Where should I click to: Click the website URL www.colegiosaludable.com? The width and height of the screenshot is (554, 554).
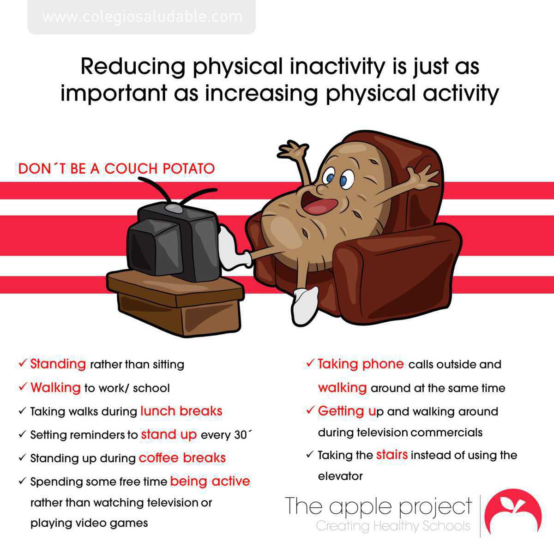tap(142, 17)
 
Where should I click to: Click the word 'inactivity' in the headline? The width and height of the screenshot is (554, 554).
tap(337, 66)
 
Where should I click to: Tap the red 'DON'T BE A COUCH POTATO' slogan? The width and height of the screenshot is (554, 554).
tap(116, 169)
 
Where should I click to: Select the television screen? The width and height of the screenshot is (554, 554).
tap(155, 248)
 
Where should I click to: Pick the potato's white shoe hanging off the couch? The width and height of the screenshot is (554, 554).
tap(305, 305)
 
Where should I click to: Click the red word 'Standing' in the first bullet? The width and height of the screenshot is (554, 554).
tap(58, 364)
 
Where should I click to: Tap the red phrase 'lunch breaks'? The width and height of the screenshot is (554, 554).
tap(181, 411)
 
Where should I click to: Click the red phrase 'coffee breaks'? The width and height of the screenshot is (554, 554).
tap(182, 458)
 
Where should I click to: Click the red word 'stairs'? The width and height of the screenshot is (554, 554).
tap(392, 455)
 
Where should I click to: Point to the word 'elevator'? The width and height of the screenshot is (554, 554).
tap(340, 476)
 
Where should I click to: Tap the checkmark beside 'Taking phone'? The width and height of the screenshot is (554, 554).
tap(309, 363)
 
